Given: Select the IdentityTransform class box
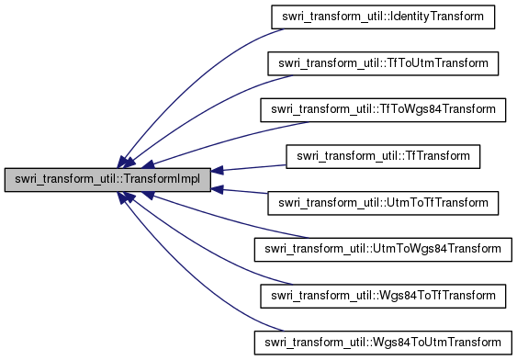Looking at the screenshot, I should (383, 17).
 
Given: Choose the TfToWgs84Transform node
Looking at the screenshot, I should (383, 109).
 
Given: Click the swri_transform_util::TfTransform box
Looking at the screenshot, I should (383, 156).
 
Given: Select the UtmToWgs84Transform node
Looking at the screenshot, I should (383, 249).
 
